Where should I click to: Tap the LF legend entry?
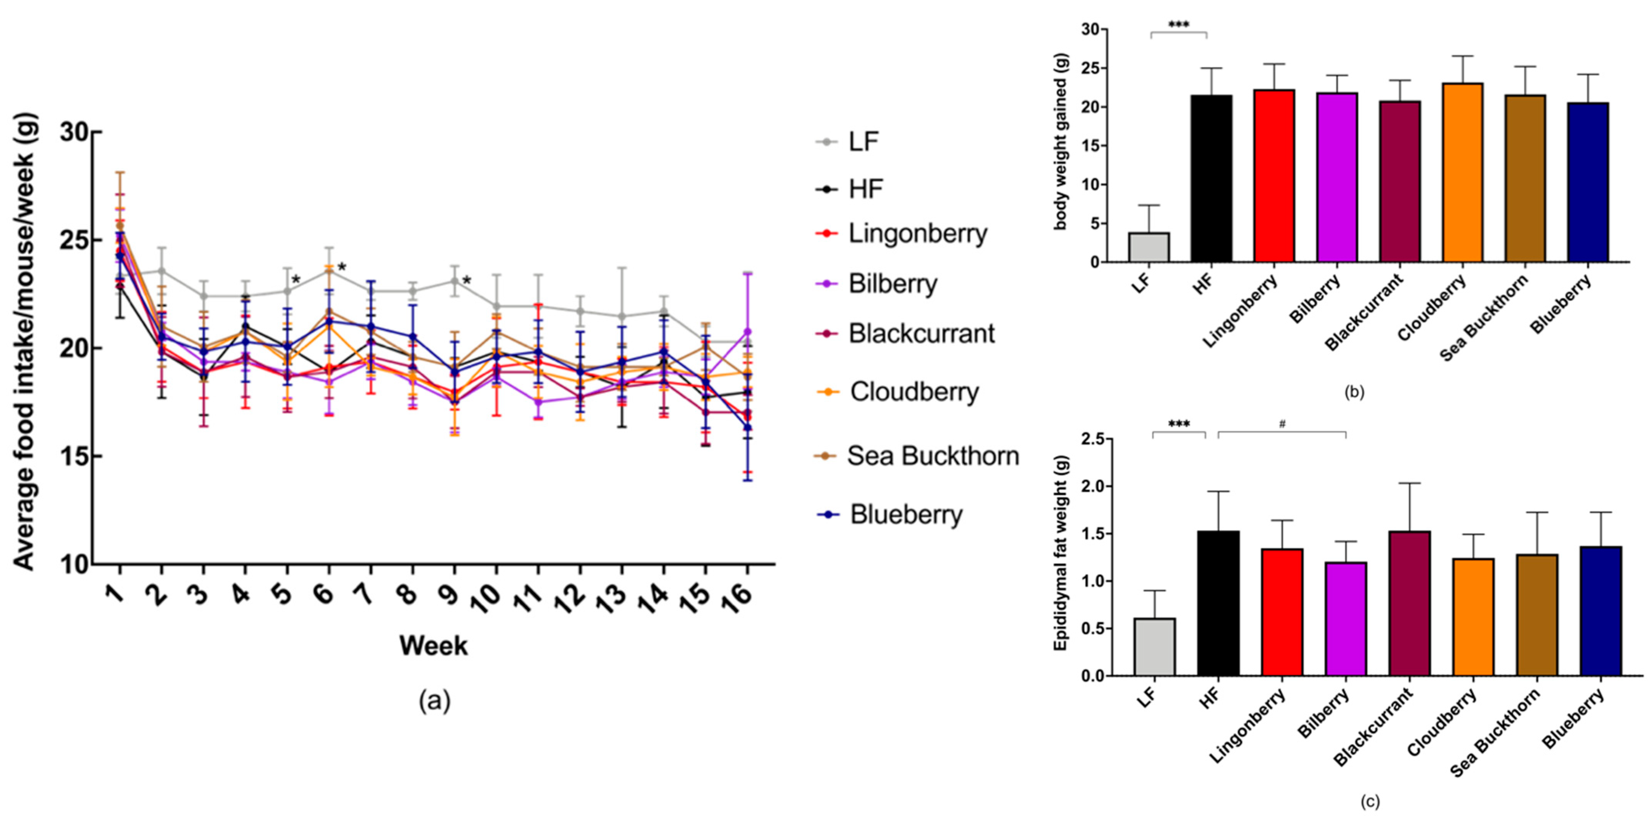click(863, 141)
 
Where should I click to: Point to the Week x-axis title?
click(433, 645)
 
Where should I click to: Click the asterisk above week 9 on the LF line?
click(467, 280)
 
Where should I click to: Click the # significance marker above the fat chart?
click(1282, 424)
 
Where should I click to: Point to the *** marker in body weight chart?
click(1179, 25)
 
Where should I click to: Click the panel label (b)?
click(1354, 392)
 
